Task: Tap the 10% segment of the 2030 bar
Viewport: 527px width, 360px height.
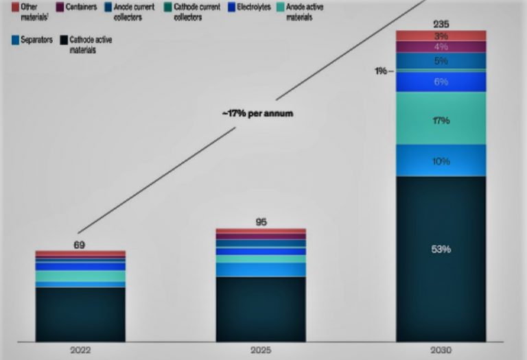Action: (441, 160)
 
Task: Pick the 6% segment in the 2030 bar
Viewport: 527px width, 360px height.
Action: (441, 82)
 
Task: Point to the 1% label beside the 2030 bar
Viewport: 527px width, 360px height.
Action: (382, 71)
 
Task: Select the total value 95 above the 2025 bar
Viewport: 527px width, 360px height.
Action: (261, 222)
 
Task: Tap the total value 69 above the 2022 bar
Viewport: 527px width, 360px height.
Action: (80, 244)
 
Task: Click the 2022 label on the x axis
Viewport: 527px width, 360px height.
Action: (80, 350)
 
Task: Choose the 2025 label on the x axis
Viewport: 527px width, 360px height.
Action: (261, 350)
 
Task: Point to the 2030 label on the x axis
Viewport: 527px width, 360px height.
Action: (441, 350)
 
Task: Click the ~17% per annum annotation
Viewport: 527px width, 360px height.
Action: (257, 113)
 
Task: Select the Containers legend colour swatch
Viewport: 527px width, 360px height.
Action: (60, 6)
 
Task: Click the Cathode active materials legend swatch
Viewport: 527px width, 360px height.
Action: (64, 40)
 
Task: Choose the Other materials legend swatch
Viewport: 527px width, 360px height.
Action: (15, 6)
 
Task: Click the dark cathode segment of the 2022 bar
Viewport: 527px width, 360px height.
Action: (80, 313)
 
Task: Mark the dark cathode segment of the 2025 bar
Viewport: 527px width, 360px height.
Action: (261, 309)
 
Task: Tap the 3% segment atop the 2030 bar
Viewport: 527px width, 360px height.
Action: (441, 36)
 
